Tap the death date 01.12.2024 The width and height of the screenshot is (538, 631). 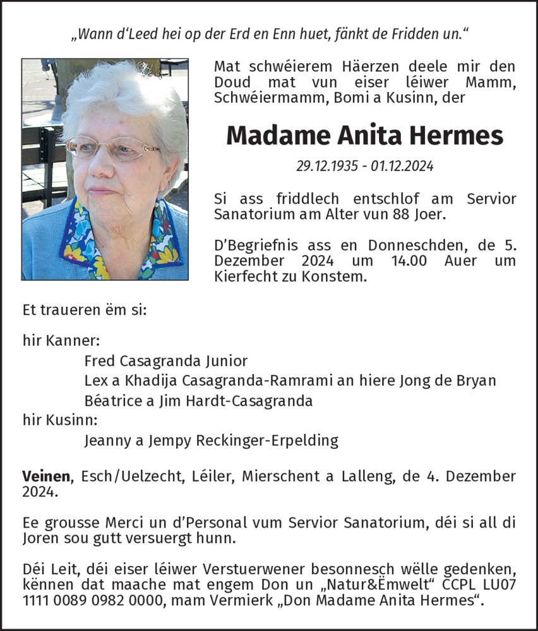click(402, 167)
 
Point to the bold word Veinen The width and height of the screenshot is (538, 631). click(45, 476)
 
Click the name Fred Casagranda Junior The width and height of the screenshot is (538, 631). click(165, 361)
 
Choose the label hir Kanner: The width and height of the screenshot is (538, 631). click(61, 341)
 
